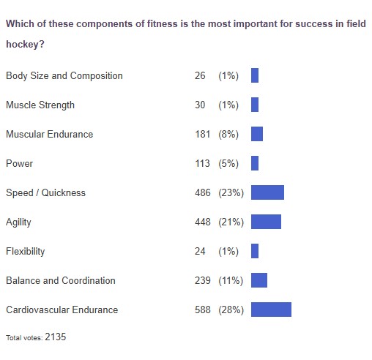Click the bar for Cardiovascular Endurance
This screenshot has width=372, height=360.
pos(271,310)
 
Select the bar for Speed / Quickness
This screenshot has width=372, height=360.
pos(267,192)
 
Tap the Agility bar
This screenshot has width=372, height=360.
pos(266,222)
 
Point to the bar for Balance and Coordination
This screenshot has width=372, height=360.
pos(259,280)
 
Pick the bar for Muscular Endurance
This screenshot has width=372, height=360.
pos(257,134)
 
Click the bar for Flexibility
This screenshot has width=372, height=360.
pos(255,251)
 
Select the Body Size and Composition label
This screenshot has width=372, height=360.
pos(64,75)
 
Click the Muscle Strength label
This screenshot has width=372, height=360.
pos(40,105)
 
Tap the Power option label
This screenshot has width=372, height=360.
pos(19,163)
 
